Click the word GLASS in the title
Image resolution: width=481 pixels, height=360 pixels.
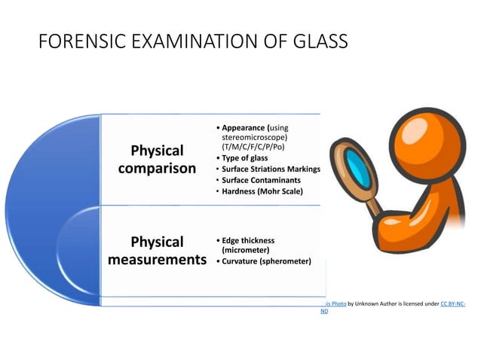(316, 42)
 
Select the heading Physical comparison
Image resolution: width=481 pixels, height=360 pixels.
(158, 159)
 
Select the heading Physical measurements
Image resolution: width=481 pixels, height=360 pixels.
(158, 251)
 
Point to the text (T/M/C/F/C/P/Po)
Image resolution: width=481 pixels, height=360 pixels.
(253, 148)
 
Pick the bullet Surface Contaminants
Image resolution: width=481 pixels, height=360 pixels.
(262, 181)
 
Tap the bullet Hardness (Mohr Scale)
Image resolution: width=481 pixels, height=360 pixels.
(262, 192)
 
